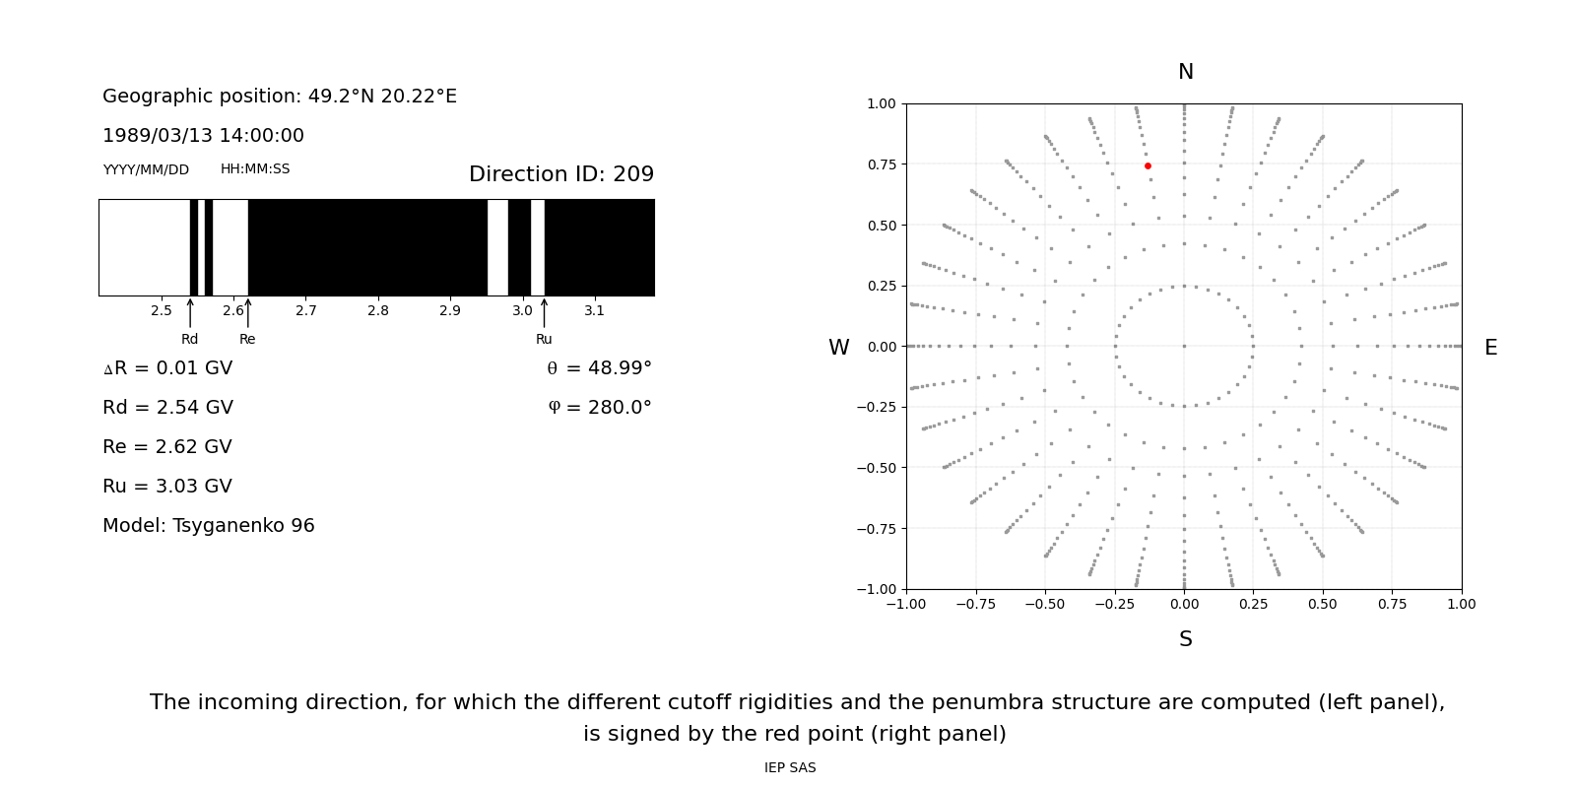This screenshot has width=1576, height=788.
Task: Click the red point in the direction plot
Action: coord(1148,166)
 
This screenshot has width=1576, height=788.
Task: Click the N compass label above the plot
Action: coord(1186,72)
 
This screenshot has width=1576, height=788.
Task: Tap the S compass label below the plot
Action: coord(1186,639)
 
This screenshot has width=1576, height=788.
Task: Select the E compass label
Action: coord(1490,348)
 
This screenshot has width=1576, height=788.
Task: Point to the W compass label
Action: coord(838,348)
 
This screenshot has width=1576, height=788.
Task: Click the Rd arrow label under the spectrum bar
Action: coord(189,340)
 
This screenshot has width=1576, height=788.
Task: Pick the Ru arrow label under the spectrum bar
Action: coord(544,340)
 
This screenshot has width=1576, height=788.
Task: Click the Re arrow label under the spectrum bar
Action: coord(247,340)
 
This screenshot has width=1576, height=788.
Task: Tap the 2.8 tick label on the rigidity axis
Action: coord(378,311)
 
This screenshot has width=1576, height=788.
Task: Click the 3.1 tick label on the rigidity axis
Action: coord(594,311)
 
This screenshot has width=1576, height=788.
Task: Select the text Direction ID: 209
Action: coord(561,174)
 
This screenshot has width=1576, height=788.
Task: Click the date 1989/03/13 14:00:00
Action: coord(203,136)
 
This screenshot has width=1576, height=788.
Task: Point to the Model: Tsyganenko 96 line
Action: coord(209,526)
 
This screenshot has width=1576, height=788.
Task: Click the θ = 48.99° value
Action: coord(599,368)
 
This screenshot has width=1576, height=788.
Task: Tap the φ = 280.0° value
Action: coord(599,408)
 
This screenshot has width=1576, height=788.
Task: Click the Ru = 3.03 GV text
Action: coord(167,487)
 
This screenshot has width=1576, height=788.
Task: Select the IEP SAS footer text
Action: coord(790,768)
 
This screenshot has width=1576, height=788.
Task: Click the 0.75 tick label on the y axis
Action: coord(881,164)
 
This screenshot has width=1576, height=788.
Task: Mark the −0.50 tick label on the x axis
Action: coord(1045,604)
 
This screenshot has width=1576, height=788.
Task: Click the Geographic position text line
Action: coord(280,97)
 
